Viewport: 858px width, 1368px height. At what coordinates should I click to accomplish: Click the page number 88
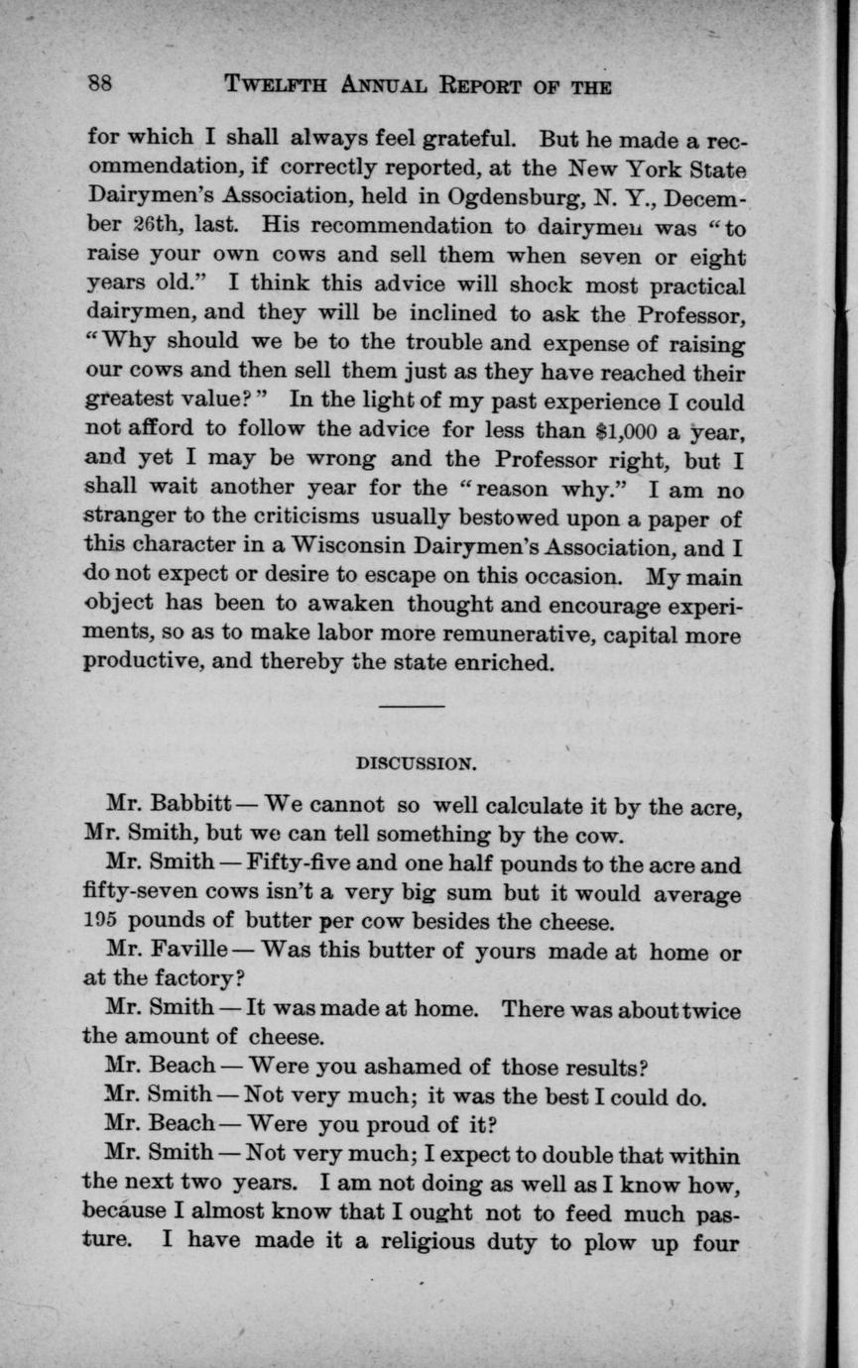[98, 84]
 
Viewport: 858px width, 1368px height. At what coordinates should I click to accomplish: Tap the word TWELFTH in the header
[277, 85]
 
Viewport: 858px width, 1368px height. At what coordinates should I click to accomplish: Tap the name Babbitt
[189, 805]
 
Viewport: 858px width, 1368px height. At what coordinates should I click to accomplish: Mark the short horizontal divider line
[412, 706]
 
